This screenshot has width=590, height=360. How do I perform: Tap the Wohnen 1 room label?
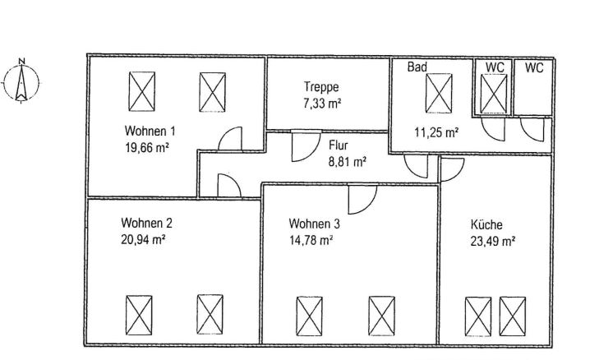(150, 132)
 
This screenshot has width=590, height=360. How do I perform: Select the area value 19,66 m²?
(146, 148)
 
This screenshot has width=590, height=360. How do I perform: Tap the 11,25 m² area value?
(436, 132)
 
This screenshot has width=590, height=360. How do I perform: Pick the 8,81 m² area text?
(347, 162)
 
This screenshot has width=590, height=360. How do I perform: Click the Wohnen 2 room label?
(146, 223)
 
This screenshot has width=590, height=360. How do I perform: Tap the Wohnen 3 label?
(314, 224)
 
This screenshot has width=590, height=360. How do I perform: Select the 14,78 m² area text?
(311, 240)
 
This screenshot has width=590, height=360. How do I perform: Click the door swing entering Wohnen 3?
(361, 197)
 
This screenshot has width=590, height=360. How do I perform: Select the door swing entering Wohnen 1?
(229, 140)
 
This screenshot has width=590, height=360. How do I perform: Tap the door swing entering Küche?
(451, 168)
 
